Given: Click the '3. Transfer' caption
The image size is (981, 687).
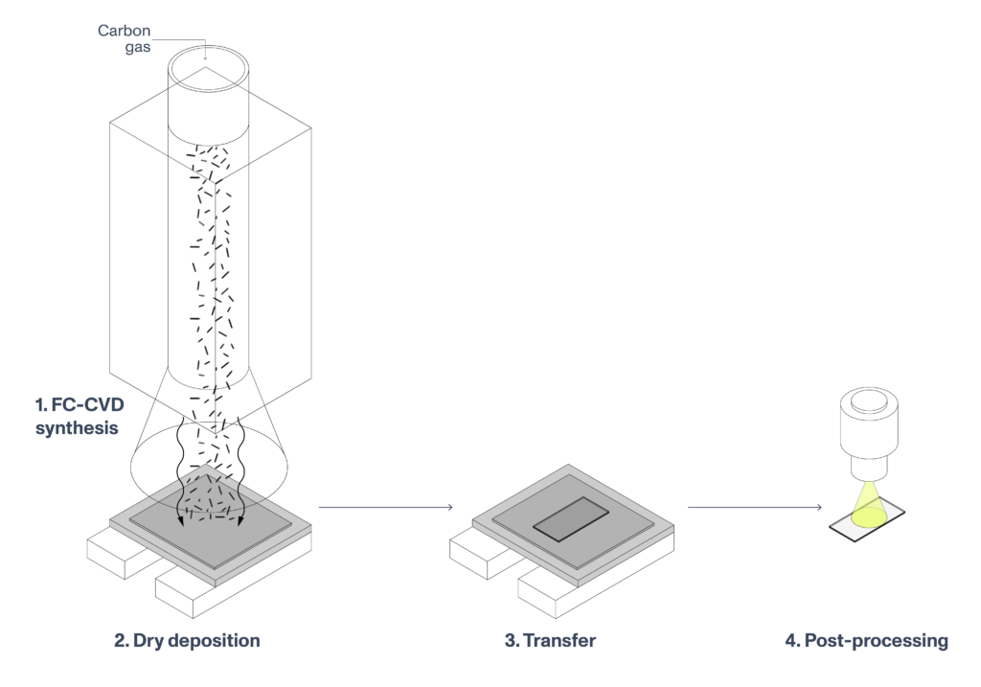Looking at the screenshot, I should click(550, 639).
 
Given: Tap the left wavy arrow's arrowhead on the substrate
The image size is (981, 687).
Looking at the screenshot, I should click(180, 523).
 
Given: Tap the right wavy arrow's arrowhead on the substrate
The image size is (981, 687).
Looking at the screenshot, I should click(240, 523).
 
